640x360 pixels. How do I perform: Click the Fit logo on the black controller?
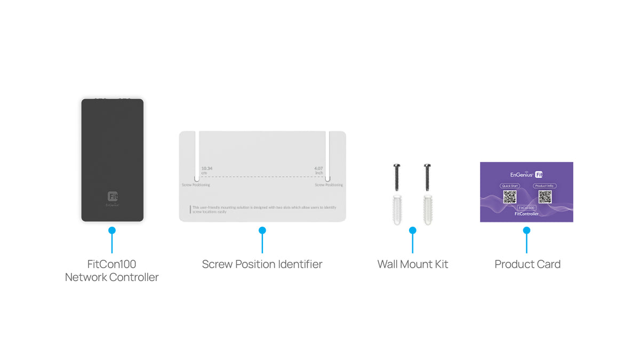click(x=113, y=196)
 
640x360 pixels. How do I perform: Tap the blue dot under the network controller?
click(x=112, y=230)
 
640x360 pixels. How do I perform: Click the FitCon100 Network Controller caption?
click(x=112, y=270)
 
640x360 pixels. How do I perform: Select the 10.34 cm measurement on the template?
click(x=207, y=171)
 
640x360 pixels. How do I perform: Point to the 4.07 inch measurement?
click(x=318, y=171)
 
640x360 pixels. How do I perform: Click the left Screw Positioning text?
click(x=195, y=185)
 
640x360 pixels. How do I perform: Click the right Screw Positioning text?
click(x=329, y=185)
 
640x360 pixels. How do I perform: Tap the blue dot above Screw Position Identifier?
click(x=262, y=230)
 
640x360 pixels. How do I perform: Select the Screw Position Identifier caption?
click(x=262, y=264)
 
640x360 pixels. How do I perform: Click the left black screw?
click(x=396, y=177)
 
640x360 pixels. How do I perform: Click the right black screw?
click(x=427, y=177)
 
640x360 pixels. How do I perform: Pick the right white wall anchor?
click(x=427, y=209)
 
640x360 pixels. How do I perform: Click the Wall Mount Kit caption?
click(x=413, y=264)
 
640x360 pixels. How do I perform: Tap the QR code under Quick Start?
click(x=509, y=197)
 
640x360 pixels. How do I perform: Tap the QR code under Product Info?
click(x=545, y=197)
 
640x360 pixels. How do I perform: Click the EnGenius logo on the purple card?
click(x=521, y=174)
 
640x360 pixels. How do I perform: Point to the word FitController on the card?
click(x=526, y=214)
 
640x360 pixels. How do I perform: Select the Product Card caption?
click(x=527, y=264)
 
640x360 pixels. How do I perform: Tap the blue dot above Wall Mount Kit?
click(x=412, y=230)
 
